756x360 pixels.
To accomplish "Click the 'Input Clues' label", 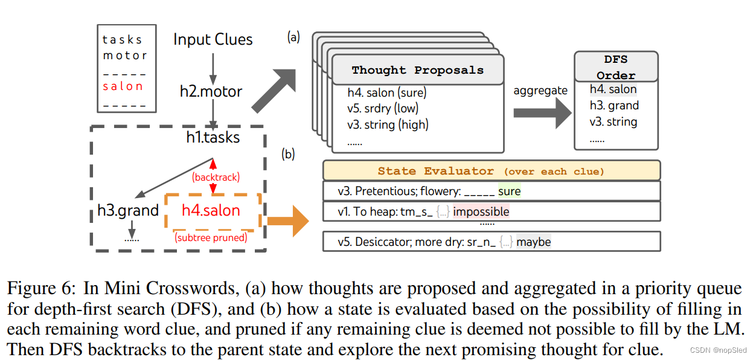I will tap(213, 40).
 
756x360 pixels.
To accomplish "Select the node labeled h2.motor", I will tap(211, 92).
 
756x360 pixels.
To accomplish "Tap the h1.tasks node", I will tap(213, 138).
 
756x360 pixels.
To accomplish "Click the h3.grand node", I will tap(128, 211).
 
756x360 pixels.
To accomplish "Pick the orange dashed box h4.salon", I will tap(211, 211).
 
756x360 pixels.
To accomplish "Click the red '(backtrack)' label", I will tap(216, 177).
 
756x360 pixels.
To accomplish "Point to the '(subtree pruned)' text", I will tap(211, 237).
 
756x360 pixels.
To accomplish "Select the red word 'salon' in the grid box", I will tap(123, 86).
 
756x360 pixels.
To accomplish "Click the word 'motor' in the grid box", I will tap(124, 56).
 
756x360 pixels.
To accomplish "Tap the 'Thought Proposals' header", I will tap(418, 70).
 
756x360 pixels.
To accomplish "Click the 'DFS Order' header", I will tap(615, 67).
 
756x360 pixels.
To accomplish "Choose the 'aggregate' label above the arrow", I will tap(540, 91).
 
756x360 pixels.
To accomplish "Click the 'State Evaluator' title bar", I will tap(491, 171).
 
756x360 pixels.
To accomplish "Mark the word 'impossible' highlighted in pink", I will tap(481, 211).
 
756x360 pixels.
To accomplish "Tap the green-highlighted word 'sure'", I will tap(509, 191).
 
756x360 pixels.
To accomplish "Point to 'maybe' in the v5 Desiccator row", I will tap(533, 242).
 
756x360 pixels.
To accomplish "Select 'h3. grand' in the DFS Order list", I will tap(614, 106).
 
